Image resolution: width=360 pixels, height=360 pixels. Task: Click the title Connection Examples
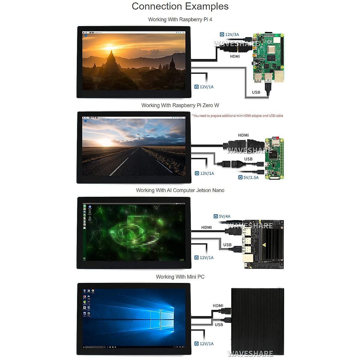click(x=180, y=6)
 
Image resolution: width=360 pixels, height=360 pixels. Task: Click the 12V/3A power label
click(x=229, y=34)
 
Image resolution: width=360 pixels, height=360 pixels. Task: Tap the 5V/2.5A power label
click(x=248, y=177)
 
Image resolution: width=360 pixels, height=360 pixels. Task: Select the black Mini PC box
click(x=257, y=321)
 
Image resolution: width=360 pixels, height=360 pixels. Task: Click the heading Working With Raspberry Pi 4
click(x=180, y=19)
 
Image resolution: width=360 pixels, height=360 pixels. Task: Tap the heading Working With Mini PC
click(x=180, y=277)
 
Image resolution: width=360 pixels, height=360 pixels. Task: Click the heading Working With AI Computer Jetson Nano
click(x=180, y=190)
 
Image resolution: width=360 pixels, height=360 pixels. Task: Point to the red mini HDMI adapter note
click(x=237, y=116)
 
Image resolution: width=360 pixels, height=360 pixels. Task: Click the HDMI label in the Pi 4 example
click(x=235, y=56)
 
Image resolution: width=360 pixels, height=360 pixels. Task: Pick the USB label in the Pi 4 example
click(x=256, y=92)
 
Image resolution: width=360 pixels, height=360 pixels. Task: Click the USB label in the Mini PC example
click(x=219, y=325)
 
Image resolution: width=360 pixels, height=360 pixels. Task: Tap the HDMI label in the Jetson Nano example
click(x=206, y=227)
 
